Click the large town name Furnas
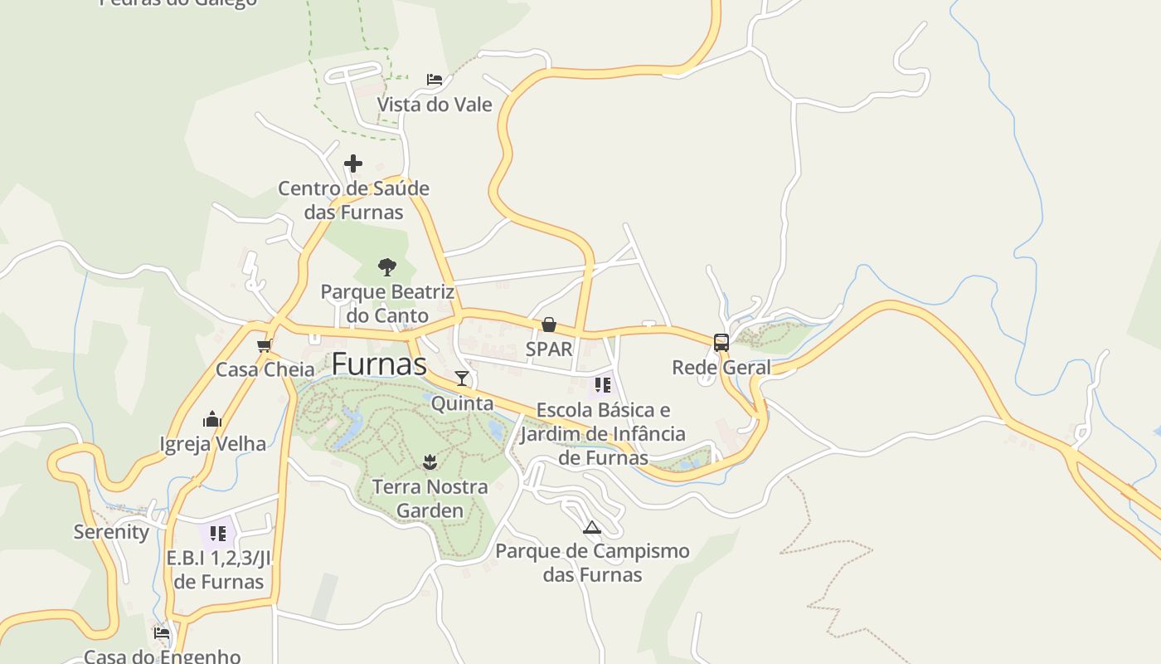379,364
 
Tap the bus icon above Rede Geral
721,343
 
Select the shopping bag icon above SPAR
548,325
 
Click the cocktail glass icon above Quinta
462,378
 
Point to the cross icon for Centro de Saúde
353,164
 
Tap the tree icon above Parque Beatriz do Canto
386,267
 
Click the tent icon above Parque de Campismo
591,527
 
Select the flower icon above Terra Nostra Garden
429,461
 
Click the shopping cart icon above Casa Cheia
265,345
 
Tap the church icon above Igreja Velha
212,419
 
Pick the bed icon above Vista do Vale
435,80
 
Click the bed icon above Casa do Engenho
162,633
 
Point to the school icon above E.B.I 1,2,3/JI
218,533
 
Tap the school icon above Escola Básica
603,385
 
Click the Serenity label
111,532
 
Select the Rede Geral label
721,367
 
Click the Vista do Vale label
435,105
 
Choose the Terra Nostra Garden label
430,498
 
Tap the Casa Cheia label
265,369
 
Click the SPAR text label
549,349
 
